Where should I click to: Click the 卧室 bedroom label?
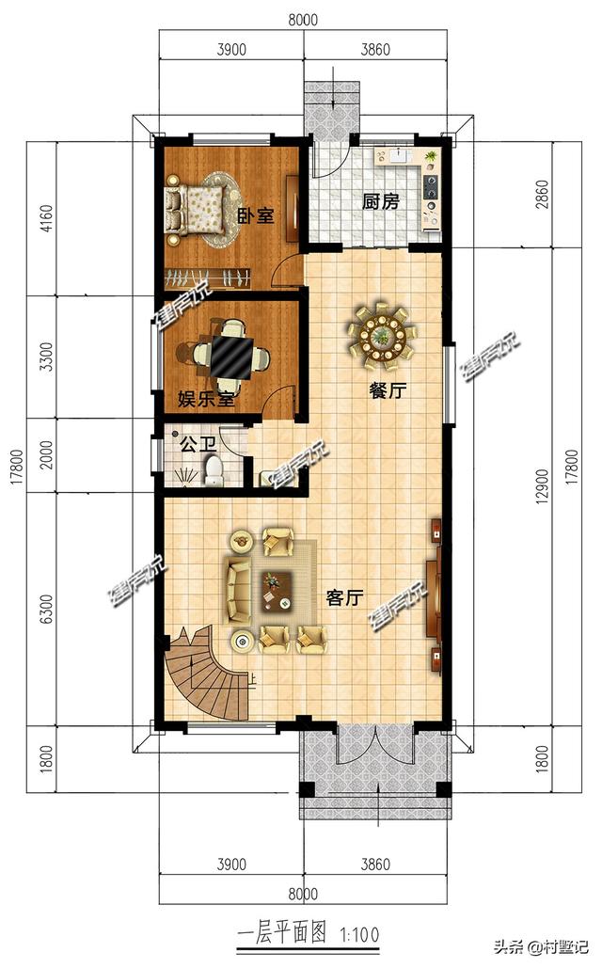256,216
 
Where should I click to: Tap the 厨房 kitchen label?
380,201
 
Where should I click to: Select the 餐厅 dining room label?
388,390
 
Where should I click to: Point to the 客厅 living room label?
344,597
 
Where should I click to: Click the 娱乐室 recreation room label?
206,399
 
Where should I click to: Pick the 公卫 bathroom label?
198,444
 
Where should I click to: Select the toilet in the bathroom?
213,469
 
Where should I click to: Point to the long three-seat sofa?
237,590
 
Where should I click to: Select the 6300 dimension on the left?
45,609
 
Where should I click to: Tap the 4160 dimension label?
45,219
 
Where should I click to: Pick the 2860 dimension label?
542,195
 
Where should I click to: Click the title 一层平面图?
281,933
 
